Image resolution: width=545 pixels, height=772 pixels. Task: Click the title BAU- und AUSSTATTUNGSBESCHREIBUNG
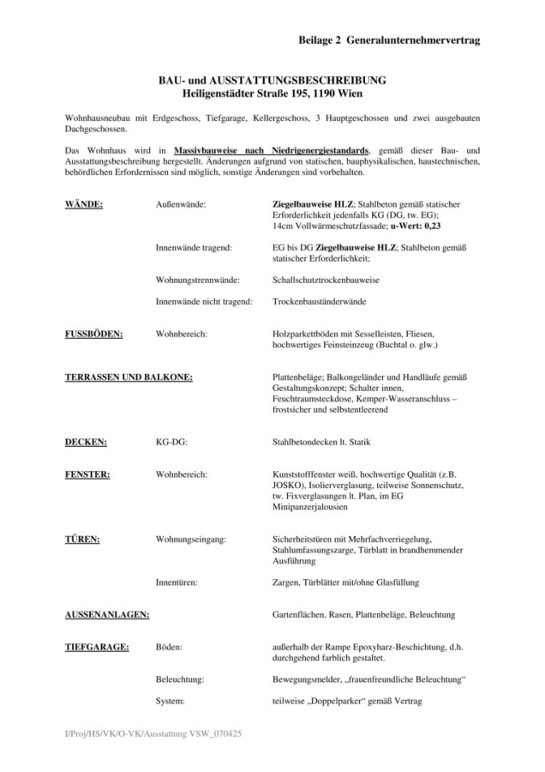point(272,80)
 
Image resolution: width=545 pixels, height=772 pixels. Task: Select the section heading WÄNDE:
point(85,204)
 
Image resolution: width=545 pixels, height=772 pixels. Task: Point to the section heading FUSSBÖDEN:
point(93,334)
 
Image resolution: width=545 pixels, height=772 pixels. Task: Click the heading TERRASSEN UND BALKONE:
point(129,377)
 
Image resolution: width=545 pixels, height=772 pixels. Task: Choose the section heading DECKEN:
point(87,442)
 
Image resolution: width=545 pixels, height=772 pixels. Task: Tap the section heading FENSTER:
point(89,473)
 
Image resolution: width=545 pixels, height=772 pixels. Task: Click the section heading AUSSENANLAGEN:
point(107,614)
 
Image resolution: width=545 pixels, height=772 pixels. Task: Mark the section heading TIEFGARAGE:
point(98,647)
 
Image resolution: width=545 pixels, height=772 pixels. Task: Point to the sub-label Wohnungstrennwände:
point(198,280)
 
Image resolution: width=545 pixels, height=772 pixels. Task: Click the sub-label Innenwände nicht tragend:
point(204,302)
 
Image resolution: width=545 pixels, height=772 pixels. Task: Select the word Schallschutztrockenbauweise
point(326,280)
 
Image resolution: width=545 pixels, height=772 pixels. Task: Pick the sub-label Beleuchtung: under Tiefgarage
point(180,679)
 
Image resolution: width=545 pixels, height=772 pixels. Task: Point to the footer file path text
point(148,736)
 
